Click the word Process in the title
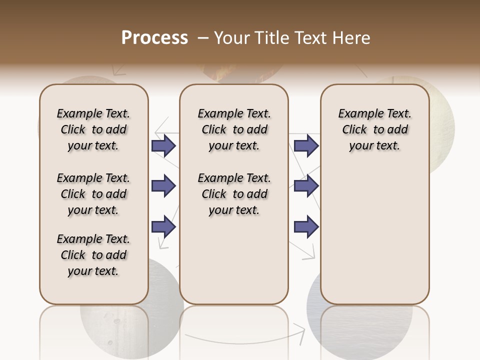pyautogui.click(x=154, y=38)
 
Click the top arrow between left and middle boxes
pyautogui.click(x=163, y=145)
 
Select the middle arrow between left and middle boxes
pyautogui.click(x=163, y=186)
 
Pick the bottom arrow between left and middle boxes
pyautogui.click(x=163, y=226)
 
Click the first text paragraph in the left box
pyautogui.click(x=93, y=129)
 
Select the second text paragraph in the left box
pyautogui.click(x=93, y=194)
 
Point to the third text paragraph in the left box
pyautogui.click(x=93, y=255)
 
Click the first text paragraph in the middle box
pyautogui.click(x=234, y=129)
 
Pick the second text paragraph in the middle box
pyautogui.click(x=234, y=194)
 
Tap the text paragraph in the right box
pyautogui.click(x=374, y=129)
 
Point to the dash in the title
pyautogui.click(x=203, y=38)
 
